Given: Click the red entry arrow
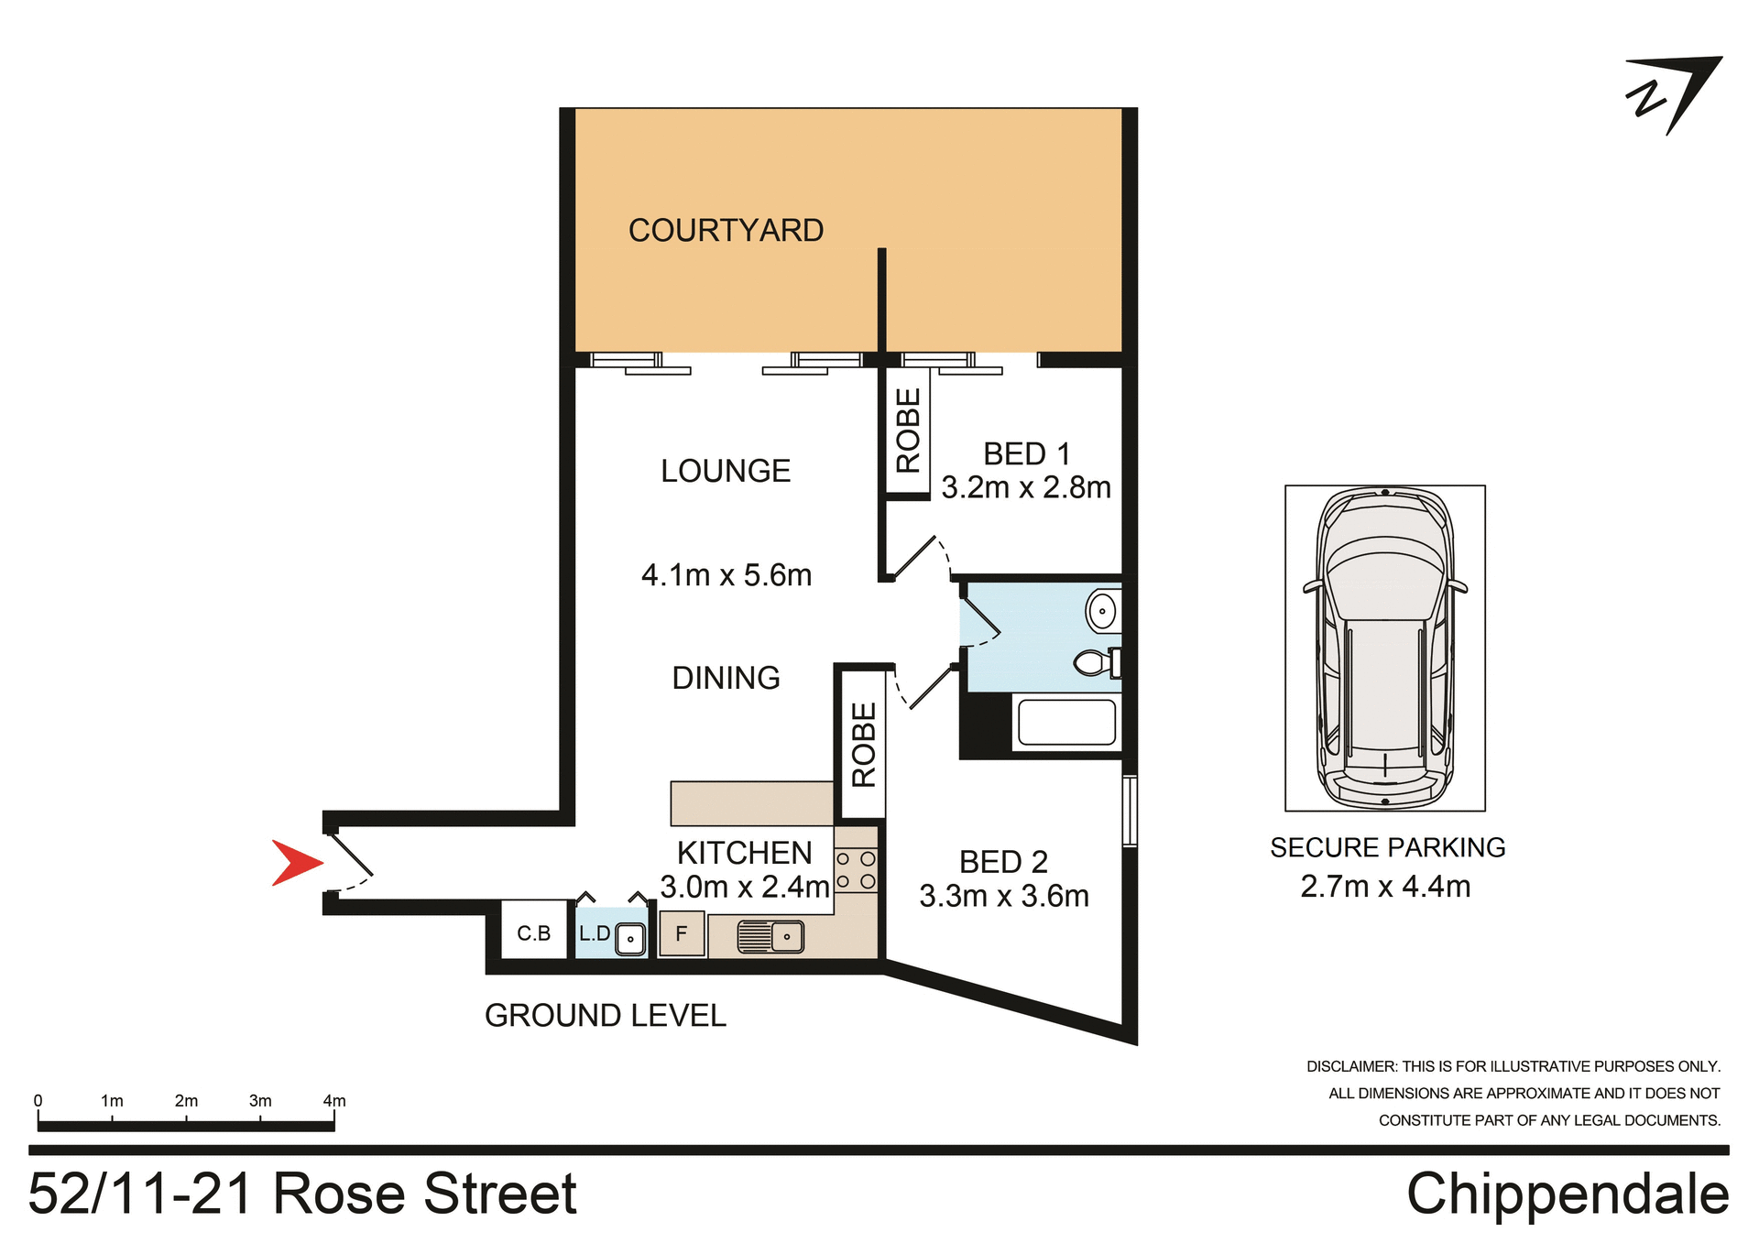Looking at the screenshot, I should [295, 863].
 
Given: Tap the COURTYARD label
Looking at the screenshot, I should [726, 231].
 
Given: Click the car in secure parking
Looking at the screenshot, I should [1384, 648].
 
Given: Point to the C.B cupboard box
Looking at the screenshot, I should [533, 932].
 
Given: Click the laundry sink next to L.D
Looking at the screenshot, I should [630, 938].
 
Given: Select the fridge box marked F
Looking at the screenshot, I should [682, 933].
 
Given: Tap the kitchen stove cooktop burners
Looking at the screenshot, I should [856, 870].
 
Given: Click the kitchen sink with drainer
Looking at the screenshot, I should [770, 936].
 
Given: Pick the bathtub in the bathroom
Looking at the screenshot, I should [1066, 723].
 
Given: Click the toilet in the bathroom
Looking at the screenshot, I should [1096, 662].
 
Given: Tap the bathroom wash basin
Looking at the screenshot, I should [1102, 610].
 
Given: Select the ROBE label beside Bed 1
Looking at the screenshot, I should [908, 431].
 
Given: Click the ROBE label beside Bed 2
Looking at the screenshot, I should [864, 745].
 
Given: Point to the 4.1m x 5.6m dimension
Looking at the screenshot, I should [727, 575].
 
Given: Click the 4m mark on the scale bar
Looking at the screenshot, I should [334, 1102].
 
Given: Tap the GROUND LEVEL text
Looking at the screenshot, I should [605, 1016].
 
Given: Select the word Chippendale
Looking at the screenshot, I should [1567, 1194].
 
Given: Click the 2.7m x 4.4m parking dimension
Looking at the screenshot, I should [1385, 887].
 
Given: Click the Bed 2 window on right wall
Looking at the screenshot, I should [1130, 811].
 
